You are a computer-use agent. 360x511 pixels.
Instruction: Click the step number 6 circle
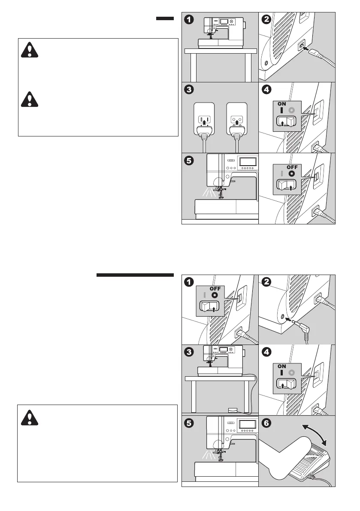pos(267,424)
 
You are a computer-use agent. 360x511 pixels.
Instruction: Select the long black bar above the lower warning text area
pos(135,275)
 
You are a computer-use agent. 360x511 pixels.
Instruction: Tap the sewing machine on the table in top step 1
pos(219,31)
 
